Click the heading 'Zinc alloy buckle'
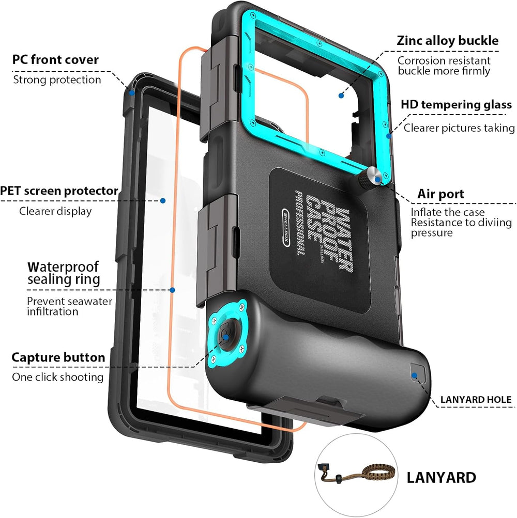click(x=448, y=41)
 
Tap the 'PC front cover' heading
click(x=55, y=59)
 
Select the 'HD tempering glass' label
click(x=456, y=105)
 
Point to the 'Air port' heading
click(x=440, y=194)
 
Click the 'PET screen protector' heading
click(x=59, y=191)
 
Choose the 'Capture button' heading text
click(x=58, y=357)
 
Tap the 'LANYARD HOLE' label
click(x=476, y=400)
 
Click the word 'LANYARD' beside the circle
click(x=441, y=477)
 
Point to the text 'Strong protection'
click(x=57, y=80)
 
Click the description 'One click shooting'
click(x=58, y=377)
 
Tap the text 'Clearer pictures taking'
click(x=459, y=128)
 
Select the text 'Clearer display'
click(x=55, y=211)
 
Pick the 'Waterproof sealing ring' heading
click(x=63, y=274)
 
